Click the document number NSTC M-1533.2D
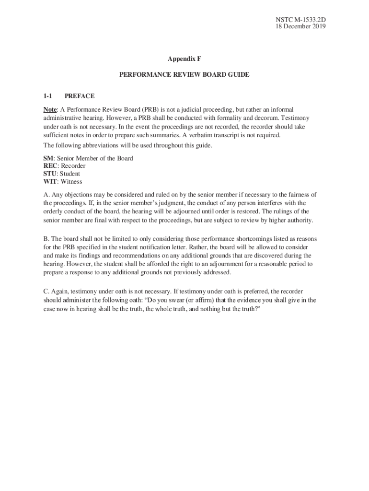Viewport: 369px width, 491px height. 298,20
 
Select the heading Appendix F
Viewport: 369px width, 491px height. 184,58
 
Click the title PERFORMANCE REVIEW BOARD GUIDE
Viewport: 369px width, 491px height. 184,75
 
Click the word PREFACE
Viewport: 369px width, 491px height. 80,96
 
